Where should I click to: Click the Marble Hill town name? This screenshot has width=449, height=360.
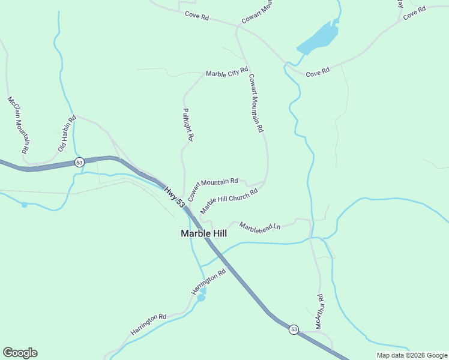click(x=203, y=233)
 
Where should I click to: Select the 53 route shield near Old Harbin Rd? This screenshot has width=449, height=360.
click(x=79, y=163)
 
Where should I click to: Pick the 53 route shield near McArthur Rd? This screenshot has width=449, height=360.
click(x=294, y=329)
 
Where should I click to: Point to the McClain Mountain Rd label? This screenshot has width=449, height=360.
click(x=19, y=125)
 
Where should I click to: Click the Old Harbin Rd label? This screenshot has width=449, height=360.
click(x=67, y=133)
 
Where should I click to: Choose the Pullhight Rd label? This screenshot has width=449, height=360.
click(x=187, y=124)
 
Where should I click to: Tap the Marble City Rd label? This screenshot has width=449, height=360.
click(x=227, y=73)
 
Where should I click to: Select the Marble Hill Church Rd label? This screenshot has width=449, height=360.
click(x=229, y=201)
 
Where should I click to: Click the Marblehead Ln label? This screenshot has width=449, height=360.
click(x=260, y=226)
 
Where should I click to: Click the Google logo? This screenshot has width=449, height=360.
click(x=20, y=353)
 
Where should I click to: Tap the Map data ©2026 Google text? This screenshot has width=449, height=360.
click(x=412, y=355)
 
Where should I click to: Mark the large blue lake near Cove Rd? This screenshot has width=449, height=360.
click(x=318, y=37)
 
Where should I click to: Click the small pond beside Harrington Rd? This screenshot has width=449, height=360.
click(x=202, y=295)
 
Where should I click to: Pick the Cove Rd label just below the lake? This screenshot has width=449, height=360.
click(x=318, y=72)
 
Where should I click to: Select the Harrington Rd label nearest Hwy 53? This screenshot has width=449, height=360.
click(x=208, y=281)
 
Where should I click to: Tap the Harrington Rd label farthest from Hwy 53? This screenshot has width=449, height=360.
click(x=148, y=325)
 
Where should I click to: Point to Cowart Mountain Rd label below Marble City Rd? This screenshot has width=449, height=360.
click(x=256, y=103)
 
